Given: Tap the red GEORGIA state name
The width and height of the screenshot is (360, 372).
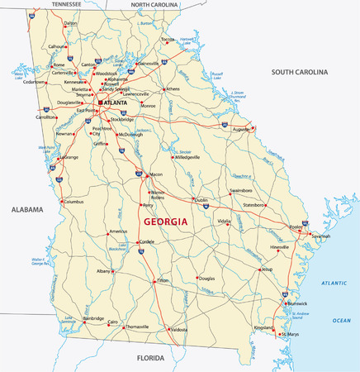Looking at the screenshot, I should point(165,222).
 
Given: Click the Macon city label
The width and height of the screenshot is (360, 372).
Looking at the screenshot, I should point(156,175).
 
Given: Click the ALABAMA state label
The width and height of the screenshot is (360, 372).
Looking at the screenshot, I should point(26,211).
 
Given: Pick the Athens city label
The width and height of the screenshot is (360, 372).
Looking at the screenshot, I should point(173,88).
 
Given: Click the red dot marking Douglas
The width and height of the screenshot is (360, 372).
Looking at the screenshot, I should point(197,278).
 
